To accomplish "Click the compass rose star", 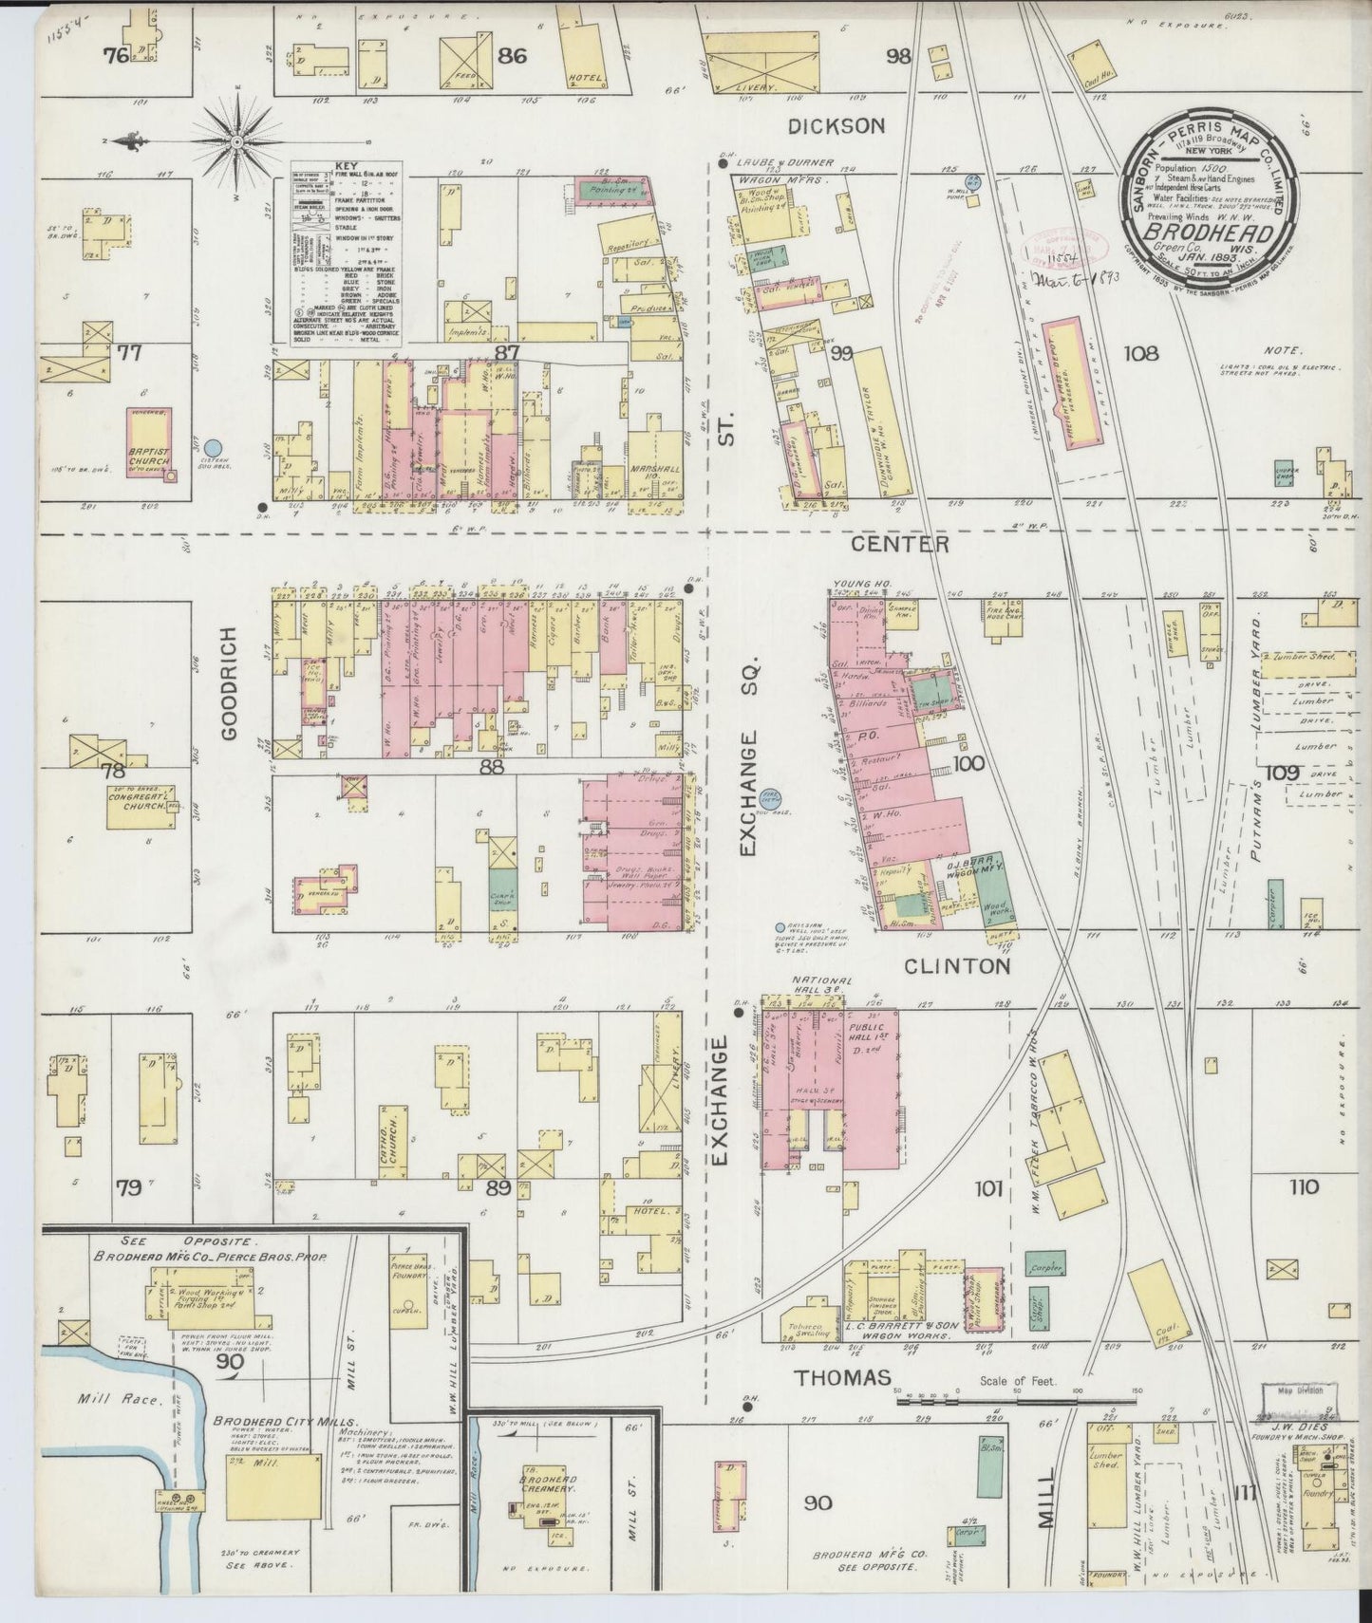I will pos(235,142).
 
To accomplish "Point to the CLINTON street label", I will pos(956,966).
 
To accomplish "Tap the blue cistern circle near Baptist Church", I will pos(215,446).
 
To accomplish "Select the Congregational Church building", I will pos(142,804).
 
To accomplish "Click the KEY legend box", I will pos(340,256).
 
